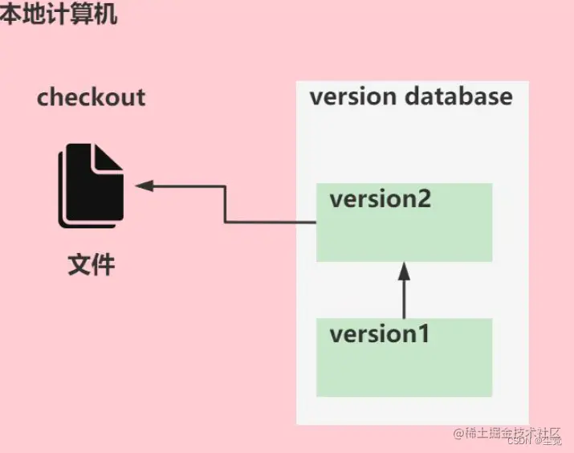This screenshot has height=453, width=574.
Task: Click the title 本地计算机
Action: [x=58, y=14]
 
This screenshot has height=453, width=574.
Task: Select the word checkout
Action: [x=91, y=98]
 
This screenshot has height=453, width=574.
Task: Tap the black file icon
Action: [x=91, y=186]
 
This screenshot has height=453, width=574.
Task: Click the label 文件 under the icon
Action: [x=91, y=263]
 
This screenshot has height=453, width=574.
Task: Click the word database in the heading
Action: [x=458, y=97]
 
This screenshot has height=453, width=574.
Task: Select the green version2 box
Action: [x=404, y=233]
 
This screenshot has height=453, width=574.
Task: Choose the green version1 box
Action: [x=404, y=369]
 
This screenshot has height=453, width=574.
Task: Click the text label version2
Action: [x=380, y=198]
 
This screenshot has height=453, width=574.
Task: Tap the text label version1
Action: [x=379, y=333]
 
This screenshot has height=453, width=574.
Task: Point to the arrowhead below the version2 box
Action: [x=404, y=271]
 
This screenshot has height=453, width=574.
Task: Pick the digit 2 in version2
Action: [x=423, y=198]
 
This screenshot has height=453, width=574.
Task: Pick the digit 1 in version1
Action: [x=422, y=333]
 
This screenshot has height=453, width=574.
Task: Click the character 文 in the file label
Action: [x=79, y=263]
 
